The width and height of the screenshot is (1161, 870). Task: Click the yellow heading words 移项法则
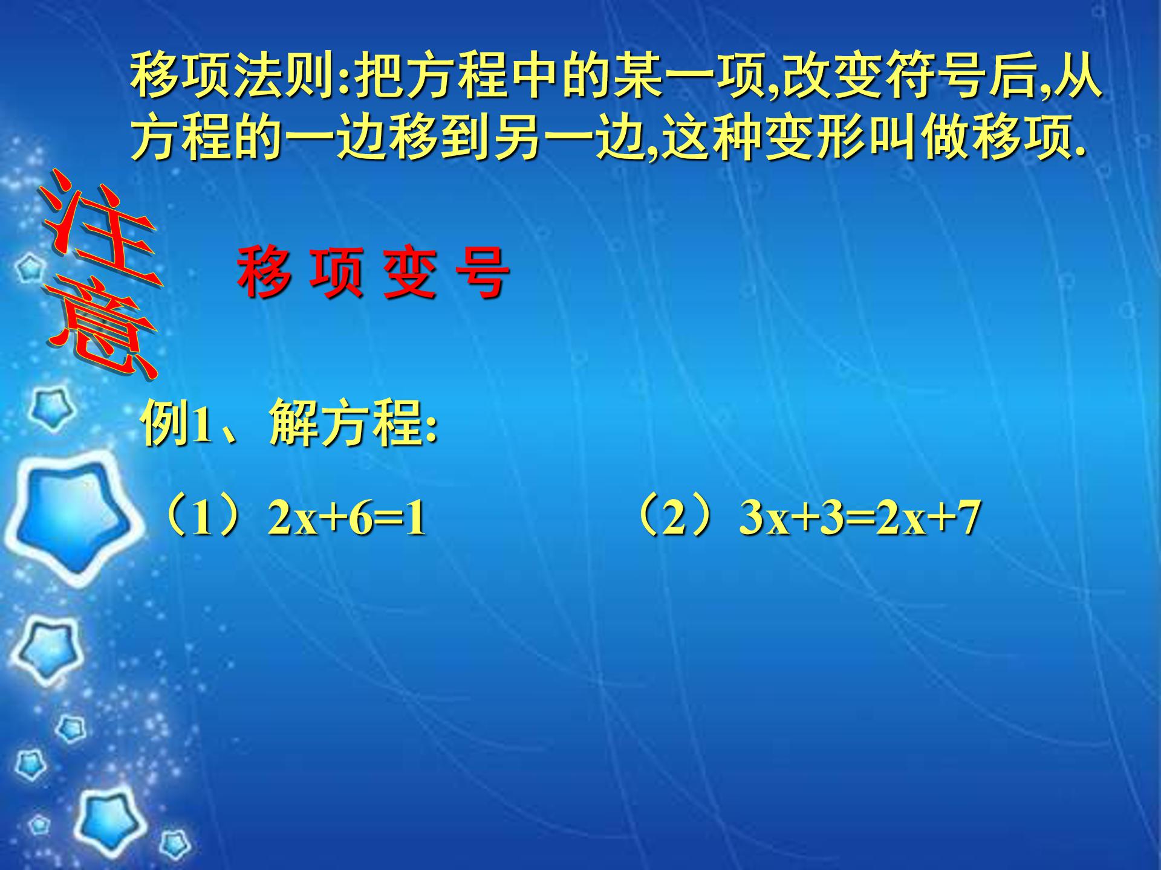pos(232,77)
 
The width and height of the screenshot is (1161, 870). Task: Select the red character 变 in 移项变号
pos(409,274)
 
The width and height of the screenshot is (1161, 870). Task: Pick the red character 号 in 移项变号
pos(482,274)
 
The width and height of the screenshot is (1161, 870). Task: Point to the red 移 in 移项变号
pos(264,274)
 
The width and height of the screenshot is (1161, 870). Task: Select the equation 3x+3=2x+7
pos(859,518)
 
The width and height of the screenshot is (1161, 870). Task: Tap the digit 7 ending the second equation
pos(968,518)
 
